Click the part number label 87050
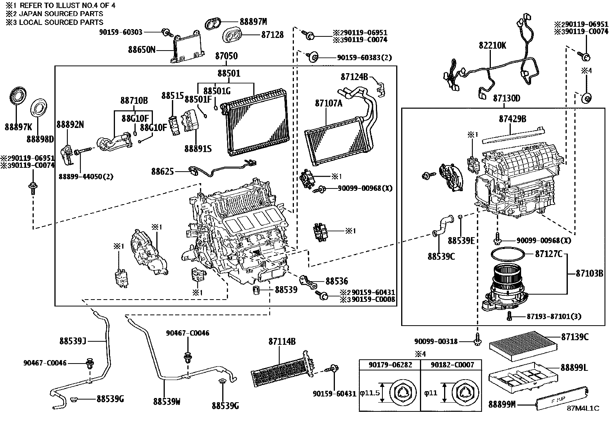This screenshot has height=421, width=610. point(226,56)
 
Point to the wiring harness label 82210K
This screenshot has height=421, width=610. point(492,46)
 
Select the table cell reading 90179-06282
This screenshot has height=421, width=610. point(390,365)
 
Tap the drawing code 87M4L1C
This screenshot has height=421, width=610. point(583,408)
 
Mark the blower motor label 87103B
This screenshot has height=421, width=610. point(590,274)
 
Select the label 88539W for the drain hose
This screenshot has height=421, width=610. point(167,401)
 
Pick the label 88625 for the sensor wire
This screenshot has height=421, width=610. point(162,172)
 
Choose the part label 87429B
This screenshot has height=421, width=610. point(512,119)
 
